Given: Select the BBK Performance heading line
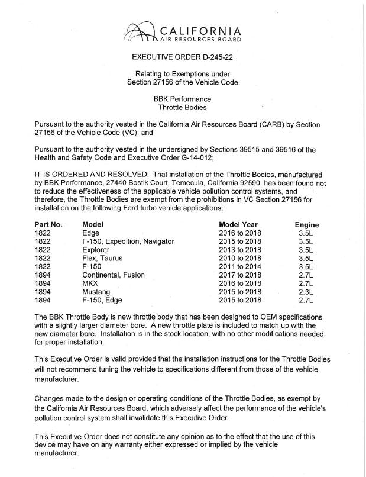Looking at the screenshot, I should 182,99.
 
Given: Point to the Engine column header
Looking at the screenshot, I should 306,225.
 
